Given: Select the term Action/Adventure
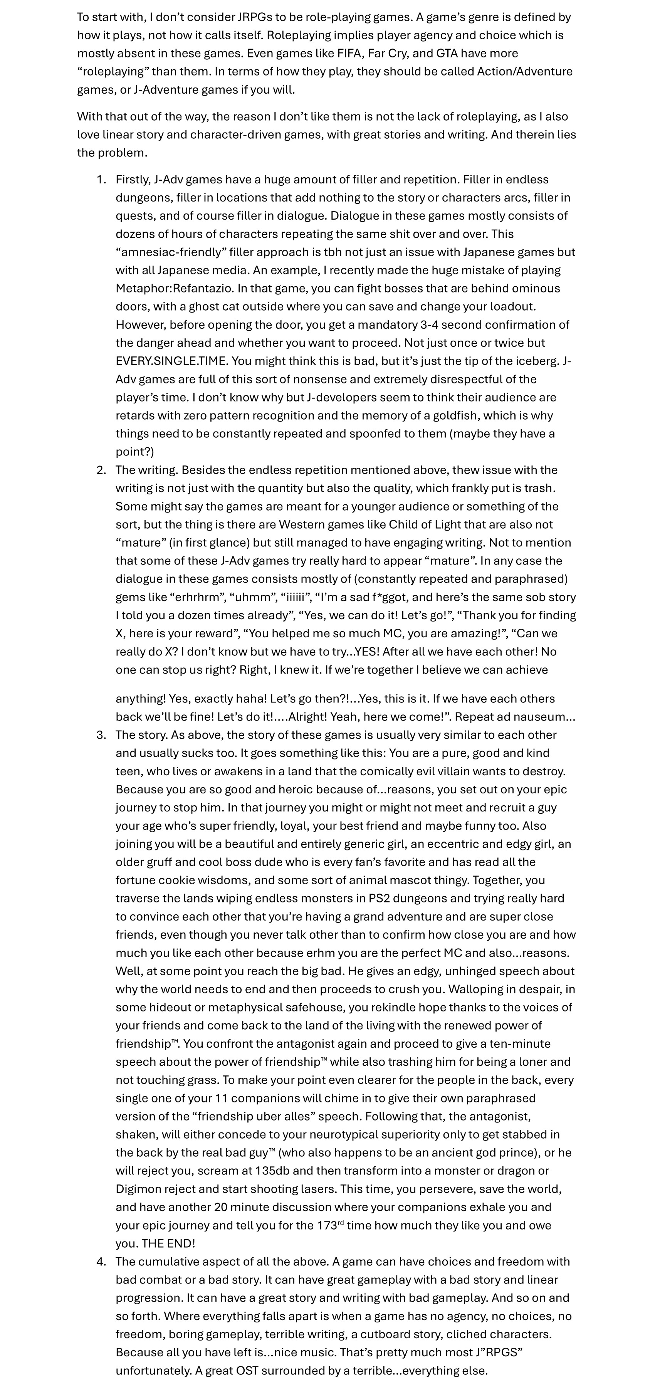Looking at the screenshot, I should coord(524,71).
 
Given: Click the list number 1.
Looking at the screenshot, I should coord(101,179).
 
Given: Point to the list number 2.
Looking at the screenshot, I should coord(101,470).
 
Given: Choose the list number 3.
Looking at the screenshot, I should coord(101,734).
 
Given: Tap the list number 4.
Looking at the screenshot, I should coord(101,1262).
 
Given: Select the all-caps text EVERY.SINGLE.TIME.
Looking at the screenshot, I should coord(165,361).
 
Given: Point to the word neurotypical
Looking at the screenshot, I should coord(345,1134).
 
